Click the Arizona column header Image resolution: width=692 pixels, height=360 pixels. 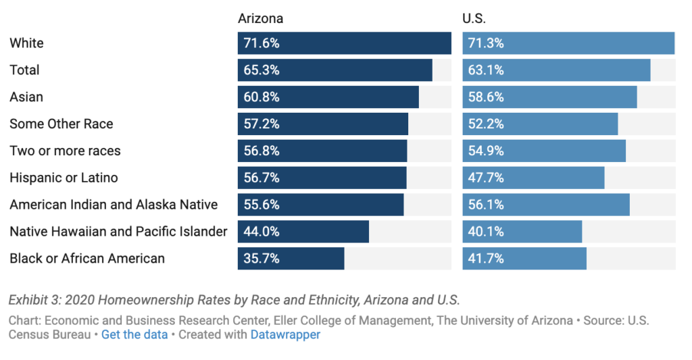point(260,18)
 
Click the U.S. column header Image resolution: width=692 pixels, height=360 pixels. point(474,18)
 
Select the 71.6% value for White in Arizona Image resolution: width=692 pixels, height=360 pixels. point(262,43)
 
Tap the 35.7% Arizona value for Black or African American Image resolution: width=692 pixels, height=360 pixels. point(262,259)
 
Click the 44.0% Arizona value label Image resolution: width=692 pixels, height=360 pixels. point(262,232)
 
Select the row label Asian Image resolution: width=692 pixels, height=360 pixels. point(26,97)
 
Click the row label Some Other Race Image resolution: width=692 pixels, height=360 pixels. point(61,124)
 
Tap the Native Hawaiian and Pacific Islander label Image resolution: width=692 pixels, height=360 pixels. point(118,232)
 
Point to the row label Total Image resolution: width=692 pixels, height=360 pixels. point(24,70)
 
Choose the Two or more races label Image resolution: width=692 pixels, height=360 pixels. point(65,151)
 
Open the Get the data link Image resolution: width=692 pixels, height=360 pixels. point(134,334)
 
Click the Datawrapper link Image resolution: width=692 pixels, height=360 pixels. point(285,334)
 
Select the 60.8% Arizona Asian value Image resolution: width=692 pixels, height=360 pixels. point(262,97)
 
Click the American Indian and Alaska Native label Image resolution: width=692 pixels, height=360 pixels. point(114,205)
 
